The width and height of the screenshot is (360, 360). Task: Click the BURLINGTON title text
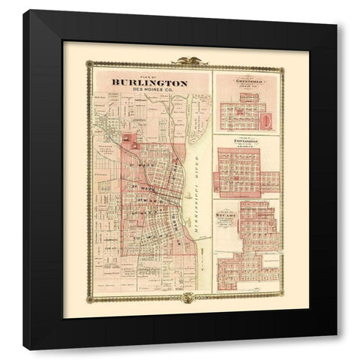pos(149,83)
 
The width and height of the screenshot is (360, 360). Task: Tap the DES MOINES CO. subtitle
pos(149,91)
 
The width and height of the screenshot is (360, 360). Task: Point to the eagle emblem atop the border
pos(184,60)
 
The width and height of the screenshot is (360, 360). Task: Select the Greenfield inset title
pos(244,81)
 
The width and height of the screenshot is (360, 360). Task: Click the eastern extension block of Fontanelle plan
pos(270,180)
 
